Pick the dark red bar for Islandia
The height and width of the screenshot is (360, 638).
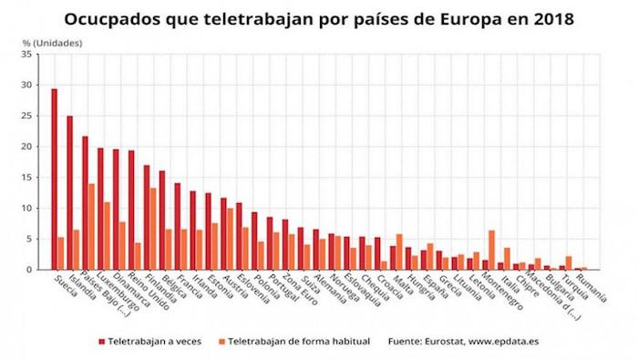coord(69,192)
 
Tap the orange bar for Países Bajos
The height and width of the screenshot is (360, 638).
coord(91,227)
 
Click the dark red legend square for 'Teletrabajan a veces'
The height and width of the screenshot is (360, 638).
coord(102,341)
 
